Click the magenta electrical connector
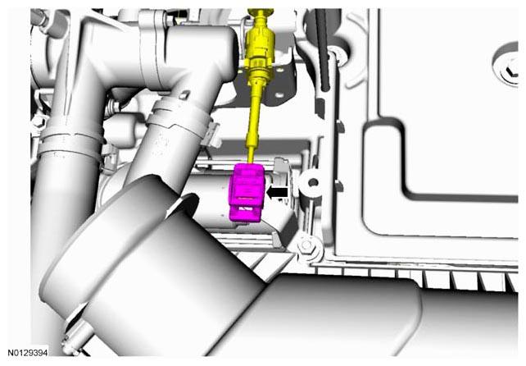tap(247, 193)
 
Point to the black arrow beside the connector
tap(277, 193)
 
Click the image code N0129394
tap(28, 353)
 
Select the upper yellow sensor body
tap(260, 43)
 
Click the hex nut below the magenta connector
tap(306, 245)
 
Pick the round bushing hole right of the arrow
tap(314, 183)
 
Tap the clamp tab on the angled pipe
tap(212, 134)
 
